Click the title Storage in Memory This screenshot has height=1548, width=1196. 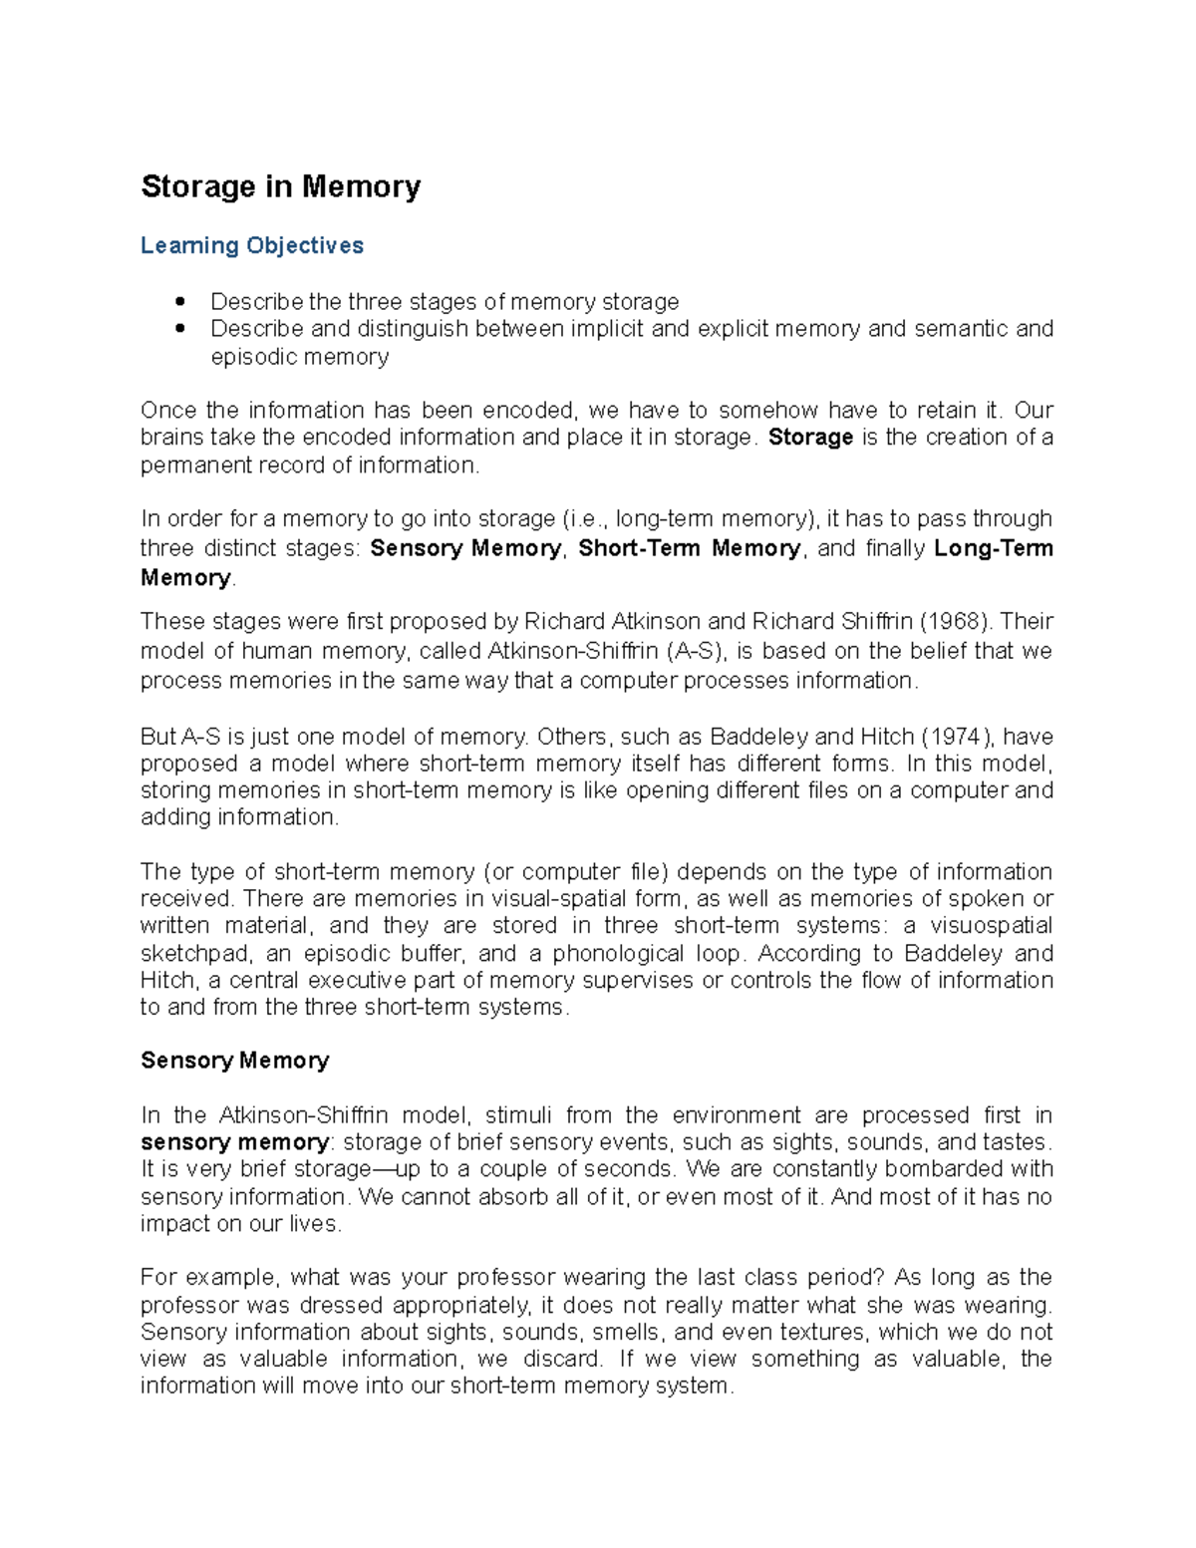click(x=280, y=186)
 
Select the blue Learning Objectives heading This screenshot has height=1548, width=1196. click(x=251, y=245)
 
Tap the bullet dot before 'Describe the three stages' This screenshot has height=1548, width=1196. click(x=180, y=301)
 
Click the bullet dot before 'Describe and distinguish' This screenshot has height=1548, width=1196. click(x=180, y=328)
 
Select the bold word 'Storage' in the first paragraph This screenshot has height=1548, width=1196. click(x=810, y=438)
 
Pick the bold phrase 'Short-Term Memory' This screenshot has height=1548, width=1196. click(x=689, y=548)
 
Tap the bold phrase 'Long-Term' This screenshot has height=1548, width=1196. click(x=993, y=548)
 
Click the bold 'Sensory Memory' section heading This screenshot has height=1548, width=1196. click(x=234, y=1061)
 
